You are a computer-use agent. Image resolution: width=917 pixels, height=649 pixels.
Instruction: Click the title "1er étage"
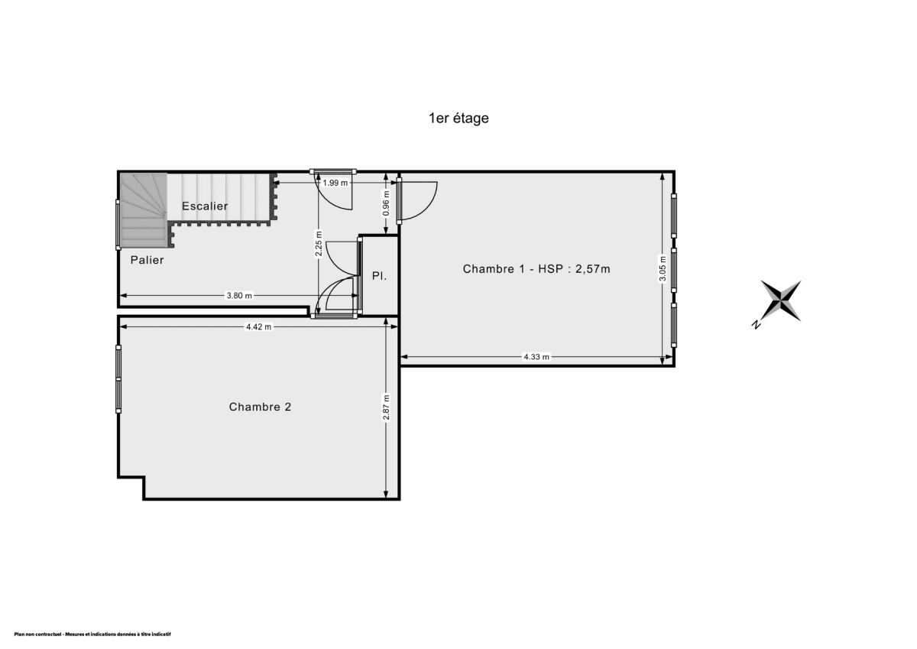[458, 118]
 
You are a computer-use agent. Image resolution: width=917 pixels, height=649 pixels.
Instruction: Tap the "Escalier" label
[205, 206]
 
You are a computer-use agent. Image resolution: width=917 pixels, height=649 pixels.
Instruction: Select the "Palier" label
[147, 260]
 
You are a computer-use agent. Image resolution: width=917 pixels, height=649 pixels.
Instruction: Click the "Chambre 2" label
[260, 407]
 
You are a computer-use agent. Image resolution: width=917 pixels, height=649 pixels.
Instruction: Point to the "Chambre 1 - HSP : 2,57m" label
[536, 268]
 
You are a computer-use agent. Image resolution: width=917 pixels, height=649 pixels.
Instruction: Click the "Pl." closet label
[379, 275]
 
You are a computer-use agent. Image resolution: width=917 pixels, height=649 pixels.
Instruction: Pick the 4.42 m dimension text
[258, 326]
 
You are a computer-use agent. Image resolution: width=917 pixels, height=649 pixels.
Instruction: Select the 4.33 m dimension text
[536, 357]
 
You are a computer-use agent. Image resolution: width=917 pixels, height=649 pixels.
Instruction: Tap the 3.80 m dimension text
[238, 296]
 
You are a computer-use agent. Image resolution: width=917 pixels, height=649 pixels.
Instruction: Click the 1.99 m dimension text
[335, 183]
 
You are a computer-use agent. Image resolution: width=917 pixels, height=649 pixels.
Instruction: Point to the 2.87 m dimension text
[387, 407]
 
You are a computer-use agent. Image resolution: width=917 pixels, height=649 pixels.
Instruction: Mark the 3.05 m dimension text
[663, 268]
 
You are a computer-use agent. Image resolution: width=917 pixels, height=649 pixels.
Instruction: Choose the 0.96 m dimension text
[387, 202]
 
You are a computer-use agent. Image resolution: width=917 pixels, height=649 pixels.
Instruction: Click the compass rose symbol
[781, 300]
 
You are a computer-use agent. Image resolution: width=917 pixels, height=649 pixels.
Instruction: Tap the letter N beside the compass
[756, 325]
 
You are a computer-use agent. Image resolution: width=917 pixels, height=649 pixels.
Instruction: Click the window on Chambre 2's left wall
[118, 379]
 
